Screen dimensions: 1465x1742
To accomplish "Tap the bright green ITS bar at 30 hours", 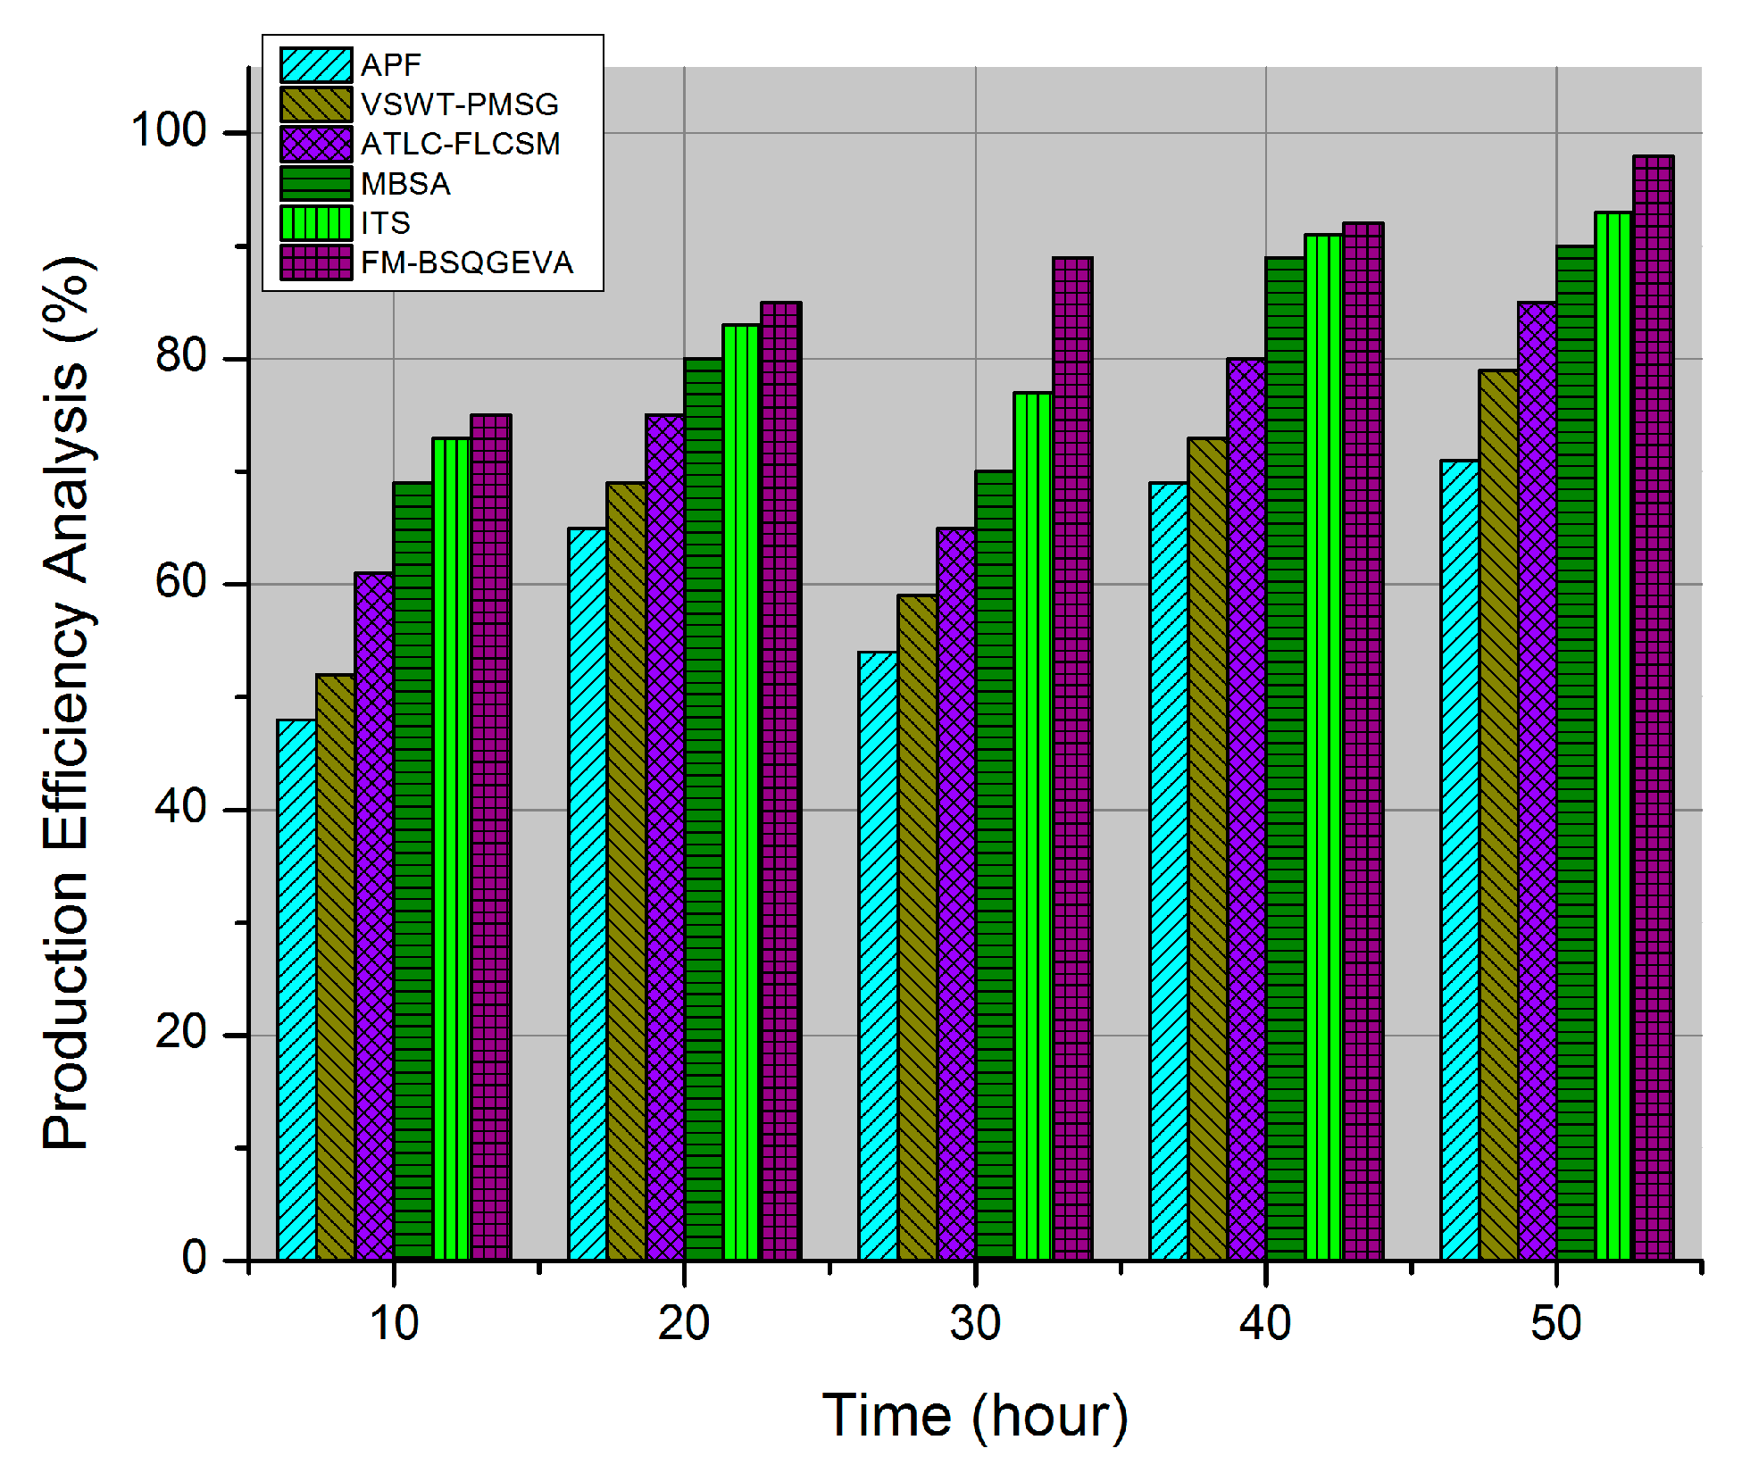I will [1033, 826].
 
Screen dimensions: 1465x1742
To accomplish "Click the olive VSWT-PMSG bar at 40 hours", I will [1207, 848].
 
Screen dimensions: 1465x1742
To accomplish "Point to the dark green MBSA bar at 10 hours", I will [413, 870].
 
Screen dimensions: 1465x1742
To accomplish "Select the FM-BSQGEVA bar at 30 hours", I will [1072, 759].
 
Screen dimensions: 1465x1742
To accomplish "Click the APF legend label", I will [390, 65].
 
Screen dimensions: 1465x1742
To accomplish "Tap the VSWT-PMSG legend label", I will [459, 104].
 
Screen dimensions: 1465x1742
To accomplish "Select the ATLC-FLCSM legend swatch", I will [316, 144].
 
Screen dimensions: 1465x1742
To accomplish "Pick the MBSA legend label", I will [405, 184].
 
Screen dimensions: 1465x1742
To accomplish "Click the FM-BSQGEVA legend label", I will [466, 262].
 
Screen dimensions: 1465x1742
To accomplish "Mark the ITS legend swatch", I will [316, 223].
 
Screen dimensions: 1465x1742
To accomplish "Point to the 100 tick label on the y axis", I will [169, 130].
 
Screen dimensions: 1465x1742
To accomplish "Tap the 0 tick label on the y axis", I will [194, 1258].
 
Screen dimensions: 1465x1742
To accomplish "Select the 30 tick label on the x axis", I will [975, 1323].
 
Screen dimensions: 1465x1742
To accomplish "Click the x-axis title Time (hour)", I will [975, 1416].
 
